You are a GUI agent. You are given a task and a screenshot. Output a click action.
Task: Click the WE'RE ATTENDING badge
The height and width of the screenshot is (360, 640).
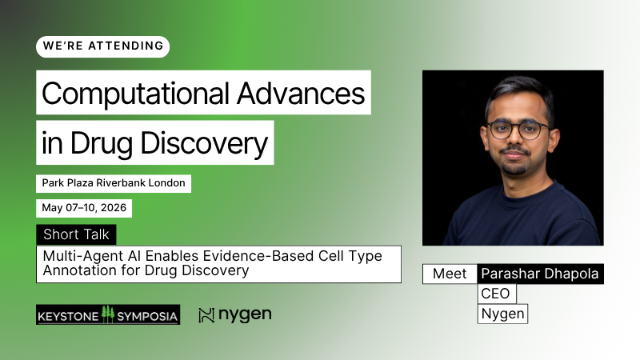102,46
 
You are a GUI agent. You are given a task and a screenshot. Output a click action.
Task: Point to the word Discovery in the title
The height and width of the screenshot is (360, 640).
213,144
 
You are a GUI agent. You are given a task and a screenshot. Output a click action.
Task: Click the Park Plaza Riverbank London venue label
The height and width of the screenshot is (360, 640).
114,183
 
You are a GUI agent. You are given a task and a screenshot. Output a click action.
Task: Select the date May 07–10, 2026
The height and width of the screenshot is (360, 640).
84,208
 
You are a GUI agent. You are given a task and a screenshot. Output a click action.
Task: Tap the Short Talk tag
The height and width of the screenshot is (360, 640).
77,234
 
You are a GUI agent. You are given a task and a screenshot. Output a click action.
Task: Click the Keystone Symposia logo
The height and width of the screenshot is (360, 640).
108,314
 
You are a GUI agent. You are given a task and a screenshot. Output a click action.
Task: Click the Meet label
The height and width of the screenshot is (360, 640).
450,274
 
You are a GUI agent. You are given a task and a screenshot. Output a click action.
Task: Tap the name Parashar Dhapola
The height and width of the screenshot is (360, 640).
540,274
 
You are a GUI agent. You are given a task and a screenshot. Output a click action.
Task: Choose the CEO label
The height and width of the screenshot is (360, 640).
496,294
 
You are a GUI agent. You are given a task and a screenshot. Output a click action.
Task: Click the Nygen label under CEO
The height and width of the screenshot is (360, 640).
502,314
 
